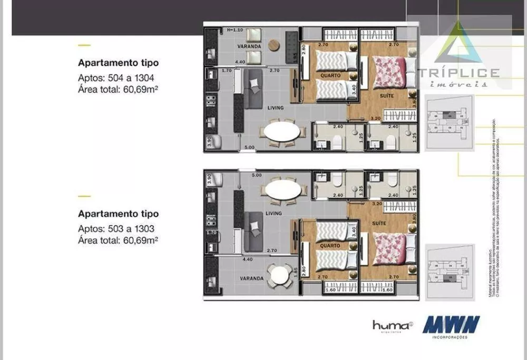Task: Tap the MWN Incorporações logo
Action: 451,325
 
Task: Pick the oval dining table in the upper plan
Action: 282,131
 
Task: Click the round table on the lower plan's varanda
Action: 278,274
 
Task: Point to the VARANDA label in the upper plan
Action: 249,46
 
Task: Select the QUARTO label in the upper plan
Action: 330,76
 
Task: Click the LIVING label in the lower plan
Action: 274,213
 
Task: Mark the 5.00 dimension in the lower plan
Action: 257,174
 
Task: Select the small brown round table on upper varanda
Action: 274,45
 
